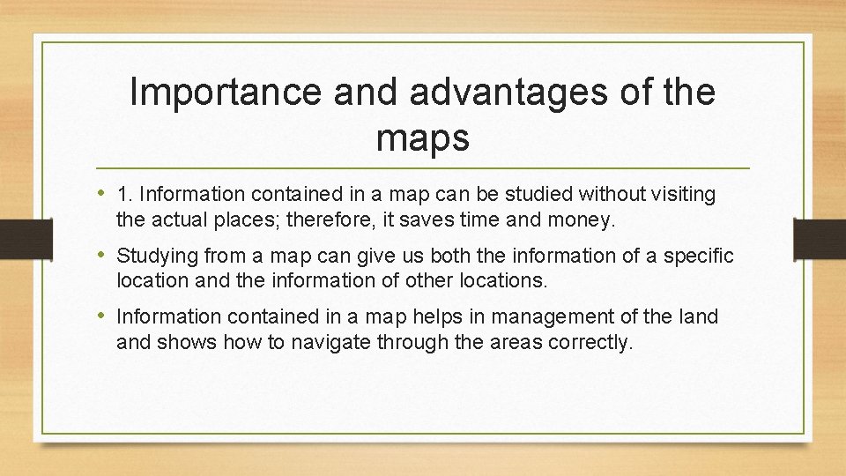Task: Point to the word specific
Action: [x=701, y=256]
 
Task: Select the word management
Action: [x=547, y=316]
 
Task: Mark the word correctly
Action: [x=594, y=342]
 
